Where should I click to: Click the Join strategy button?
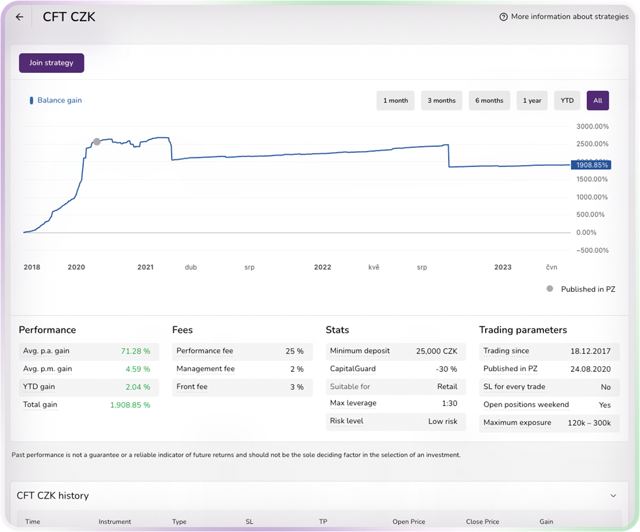point(51,63)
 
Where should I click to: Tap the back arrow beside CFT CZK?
point(19,17)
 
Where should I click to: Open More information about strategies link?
point(564,17)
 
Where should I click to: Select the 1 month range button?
point(396,101)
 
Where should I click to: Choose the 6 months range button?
point(489,101)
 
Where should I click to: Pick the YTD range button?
point(566,101)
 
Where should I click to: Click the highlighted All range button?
point(597,101)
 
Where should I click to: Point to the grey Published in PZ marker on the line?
point(97,141)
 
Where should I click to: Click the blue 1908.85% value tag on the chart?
point(591,165)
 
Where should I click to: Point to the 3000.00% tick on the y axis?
point(592,126)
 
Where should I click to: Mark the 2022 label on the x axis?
point(323,267)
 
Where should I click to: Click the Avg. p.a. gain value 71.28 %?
point(135,351)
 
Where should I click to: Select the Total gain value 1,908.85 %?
point(130,405)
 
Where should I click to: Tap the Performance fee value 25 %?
point(294,351)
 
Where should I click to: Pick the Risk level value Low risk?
point(442,421)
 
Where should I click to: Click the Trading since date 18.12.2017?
point(590,351)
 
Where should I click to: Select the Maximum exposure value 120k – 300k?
point(589,423)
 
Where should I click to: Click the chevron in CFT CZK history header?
point(613,496)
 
